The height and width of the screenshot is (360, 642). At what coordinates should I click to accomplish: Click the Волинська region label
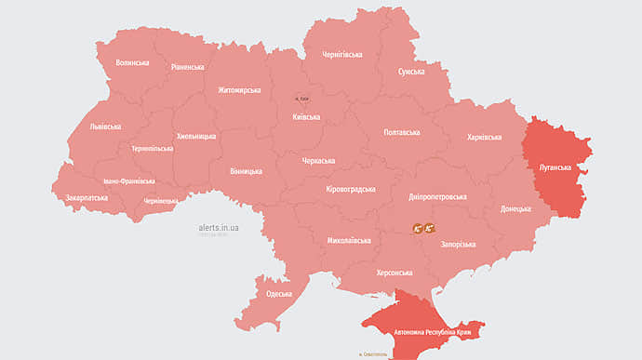point(132,62)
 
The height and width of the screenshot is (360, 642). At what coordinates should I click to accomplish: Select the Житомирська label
point(240,90)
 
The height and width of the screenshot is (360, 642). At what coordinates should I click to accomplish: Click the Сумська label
point(411,72)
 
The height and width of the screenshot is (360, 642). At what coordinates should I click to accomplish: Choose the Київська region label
point(306,117)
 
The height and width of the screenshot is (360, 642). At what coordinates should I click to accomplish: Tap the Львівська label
point(97,127)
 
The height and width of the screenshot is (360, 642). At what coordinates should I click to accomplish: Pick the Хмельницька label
point(196,136)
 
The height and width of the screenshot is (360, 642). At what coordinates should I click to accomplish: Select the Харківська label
point(484,138)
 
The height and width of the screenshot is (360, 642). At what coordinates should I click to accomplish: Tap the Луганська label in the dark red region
point(555,167)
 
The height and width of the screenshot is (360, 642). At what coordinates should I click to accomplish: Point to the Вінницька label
point(246,171)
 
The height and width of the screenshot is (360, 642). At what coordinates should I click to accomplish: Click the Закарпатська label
point(87,197)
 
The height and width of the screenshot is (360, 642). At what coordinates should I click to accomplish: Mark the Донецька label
point(515,209)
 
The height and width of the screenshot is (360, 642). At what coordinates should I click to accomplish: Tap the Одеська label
point(279,294)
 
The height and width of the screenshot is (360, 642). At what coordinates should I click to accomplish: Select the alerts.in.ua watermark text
point(219,225)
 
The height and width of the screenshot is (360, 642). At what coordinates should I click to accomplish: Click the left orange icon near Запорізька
point(419,228)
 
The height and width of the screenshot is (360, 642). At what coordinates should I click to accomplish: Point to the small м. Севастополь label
point(374,354)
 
